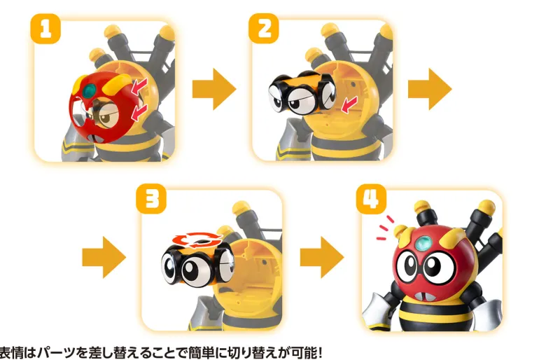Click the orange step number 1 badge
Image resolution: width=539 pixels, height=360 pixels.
coord(45,29)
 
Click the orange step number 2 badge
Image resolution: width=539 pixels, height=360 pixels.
coord(264,29)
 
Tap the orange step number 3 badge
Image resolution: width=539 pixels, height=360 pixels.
coord(151,199)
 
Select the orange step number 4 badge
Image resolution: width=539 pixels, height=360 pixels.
coord(371,199)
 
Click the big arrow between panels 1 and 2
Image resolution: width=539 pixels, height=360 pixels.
coord(214,89)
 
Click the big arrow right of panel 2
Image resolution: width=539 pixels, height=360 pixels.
coord(430,89)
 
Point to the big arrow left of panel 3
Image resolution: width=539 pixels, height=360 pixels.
coord(104,257)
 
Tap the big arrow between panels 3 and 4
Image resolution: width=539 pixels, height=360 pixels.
coord(322,257)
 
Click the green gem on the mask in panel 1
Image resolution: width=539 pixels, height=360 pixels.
coord(90,90)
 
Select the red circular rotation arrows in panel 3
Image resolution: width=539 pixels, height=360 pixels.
coord(197,240)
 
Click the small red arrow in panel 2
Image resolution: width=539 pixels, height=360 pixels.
coord(349,104)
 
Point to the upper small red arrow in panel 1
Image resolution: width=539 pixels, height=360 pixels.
coord(139,85)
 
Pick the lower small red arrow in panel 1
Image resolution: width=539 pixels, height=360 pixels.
coord(139,113)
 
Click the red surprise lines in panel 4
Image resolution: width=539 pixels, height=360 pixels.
coord(385,228)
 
